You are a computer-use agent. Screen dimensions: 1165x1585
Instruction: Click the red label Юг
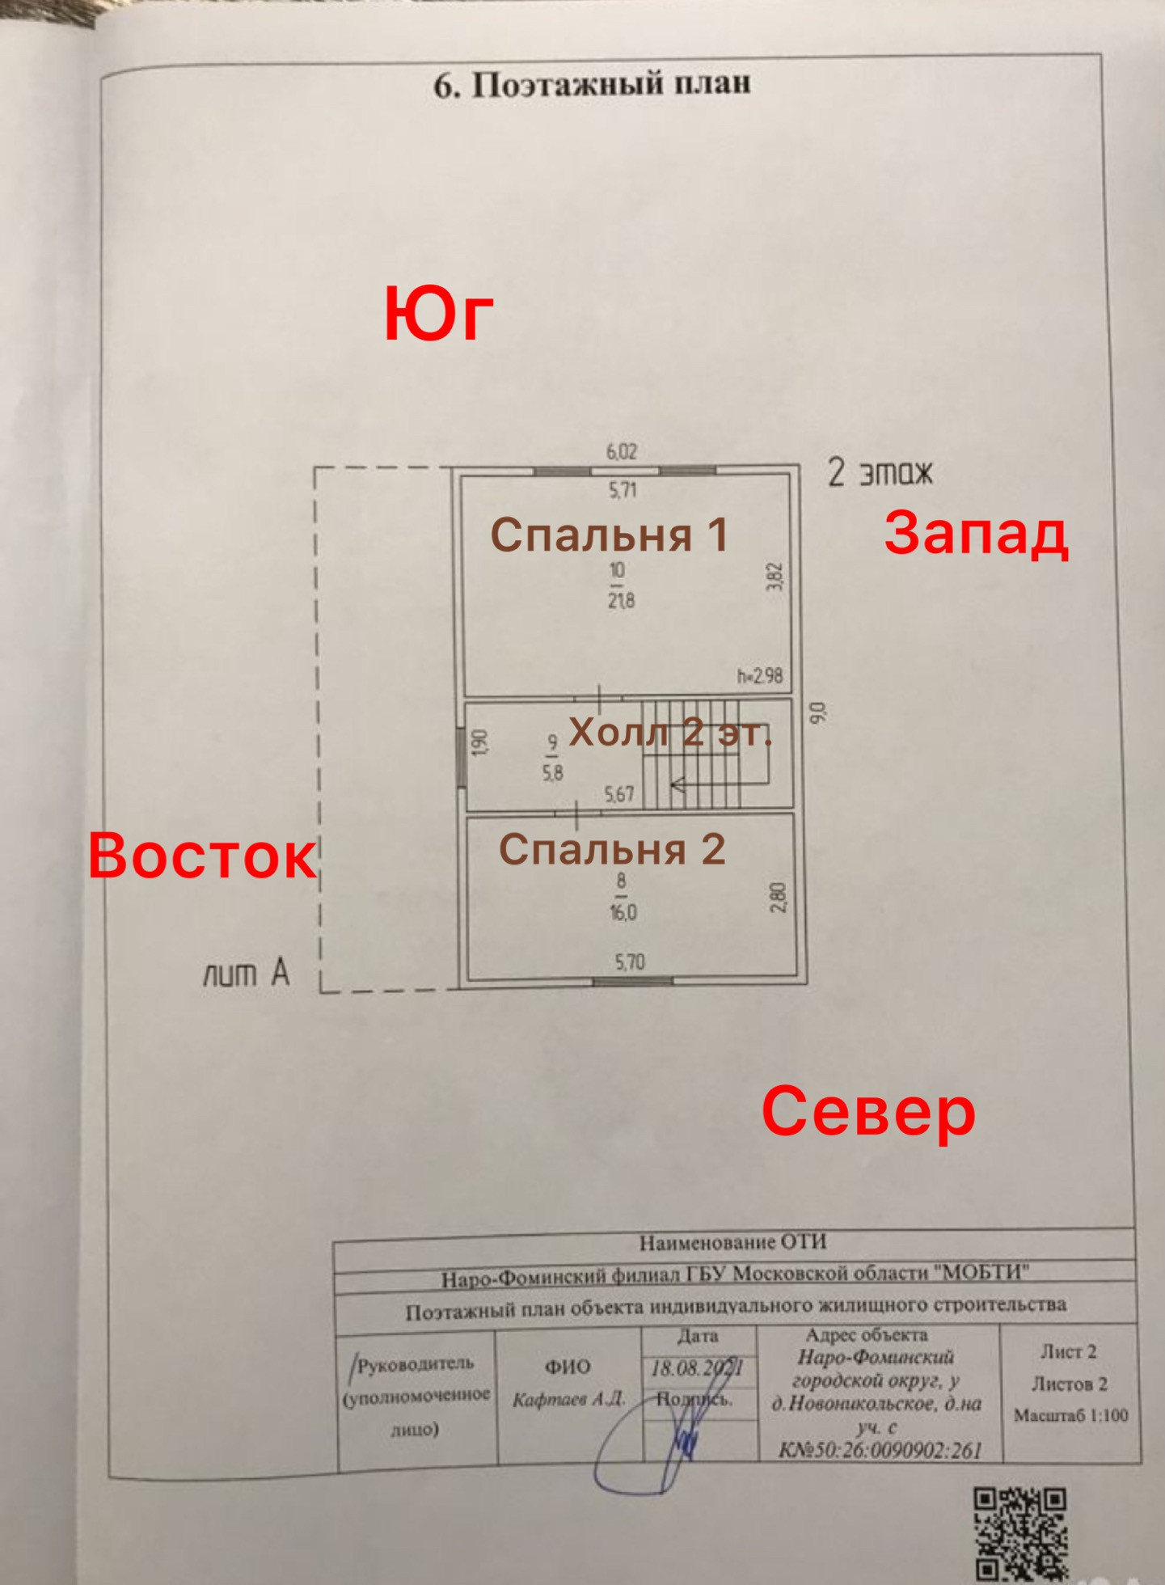[438, 315]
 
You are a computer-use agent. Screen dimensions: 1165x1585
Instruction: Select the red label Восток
[202, 856]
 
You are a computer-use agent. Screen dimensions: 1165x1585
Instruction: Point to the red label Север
[868, 1111]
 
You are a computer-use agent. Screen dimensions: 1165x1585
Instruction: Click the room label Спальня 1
[609, 535]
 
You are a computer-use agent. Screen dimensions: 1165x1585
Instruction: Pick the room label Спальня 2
[612, 849]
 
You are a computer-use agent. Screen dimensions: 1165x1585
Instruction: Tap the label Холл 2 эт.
[670, 733]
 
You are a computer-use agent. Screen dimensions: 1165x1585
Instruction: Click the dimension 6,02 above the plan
[622, 451]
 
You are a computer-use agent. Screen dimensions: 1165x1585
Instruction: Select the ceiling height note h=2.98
[759, 676]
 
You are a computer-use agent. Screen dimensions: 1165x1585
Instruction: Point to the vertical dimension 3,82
[775, 577]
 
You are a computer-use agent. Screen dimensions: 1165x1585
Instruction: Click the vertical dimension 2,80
[777, 897]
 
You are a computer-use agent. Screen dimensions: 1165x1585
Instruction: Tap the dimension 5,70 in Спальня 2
[630, 962]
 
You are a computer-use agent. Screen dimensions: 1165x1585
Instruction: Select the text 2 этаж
[880, 472]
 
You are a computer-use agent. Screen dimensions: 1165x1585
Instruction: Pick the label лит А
[246, 974]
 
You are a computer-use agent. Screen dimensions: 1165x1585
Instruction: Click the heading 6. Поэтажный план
[592, 84]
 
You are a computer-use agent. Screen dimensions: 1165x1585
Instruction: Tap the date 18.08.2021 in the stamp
[697, 1368]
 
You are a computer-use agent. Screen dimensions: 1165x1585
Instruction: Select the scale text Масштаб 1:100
[1070, 1415]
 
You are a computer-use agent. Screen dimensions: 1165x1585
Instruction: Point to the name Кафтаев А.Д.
[568, 1399]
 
